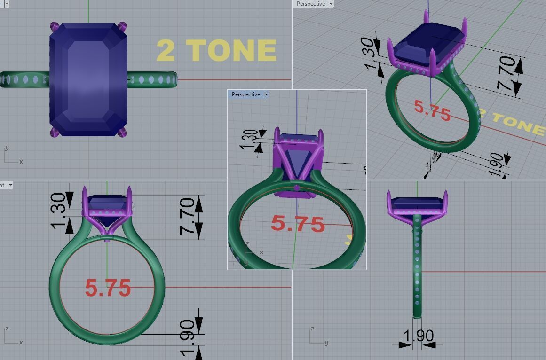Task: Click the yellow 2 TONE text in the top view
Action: [x=216, y=50]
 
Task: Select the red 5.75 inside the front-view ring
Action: [x=108, y=287]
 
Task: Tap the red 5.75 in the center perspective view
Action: [x=298, y=224]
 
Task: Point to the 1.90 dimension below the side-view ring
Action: [x=418, y=336]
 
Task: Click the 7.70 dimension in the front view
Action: [x=187, y=217]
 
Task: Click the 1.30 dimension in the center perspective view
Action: [x=250, y=139]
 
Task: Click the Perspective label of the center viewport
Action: [x=245, y=94]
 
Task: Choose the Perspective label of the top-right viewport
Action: [x=310, y=4]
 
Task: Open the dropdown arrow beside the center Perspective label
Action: [x=266, y=94]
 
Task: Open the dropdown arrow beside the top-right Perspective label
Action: [x=331, y=4]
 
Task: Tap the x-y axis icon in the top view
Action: [x=11, y=156]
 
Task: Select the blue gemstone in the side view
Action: [x=417, y=203]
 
